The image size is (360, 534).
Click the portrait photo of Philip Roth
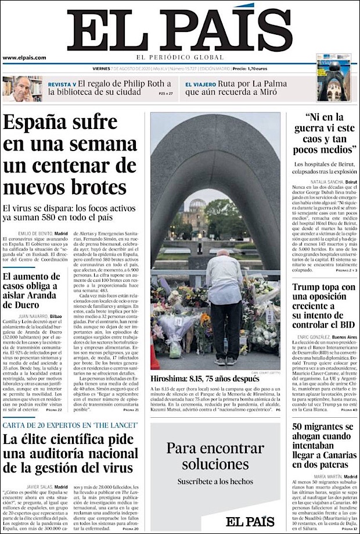(22, 88)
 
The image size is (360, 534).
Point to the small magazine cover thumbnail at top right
(333, 78)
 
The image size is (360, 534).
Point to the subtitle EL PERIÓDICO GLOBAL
(179, 58)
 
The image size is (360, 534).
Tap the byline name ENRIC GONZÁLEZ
(309, 337)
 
